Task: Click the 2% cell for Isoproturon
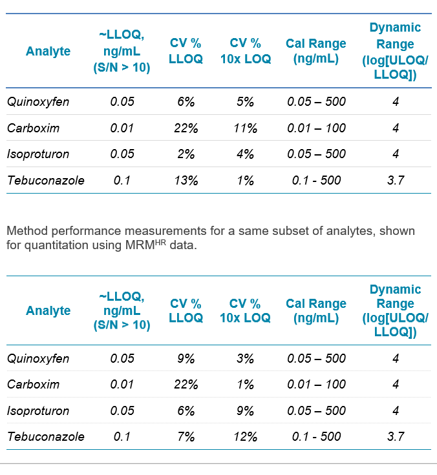(186, 154)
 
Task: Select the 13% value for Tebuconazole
(186, 180)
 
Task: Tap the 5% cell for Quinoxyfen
(246, 101)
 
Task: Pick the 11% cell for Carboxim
(246, 128)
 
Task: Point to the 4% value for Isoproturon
(246, 154)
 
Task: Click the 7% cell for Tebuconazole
(186, 436)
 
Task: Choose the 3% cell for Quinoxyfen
(246, 358)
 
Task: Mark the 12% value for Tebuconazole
(246, 436)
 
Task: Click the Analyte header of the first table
(48, 51)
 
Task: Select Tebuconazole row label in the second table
(45, 436)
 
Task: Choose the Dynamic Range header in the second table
(395, 310)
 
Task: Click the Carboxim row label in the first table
(33, 128)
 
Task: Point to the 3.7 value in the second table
(395, 436)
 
